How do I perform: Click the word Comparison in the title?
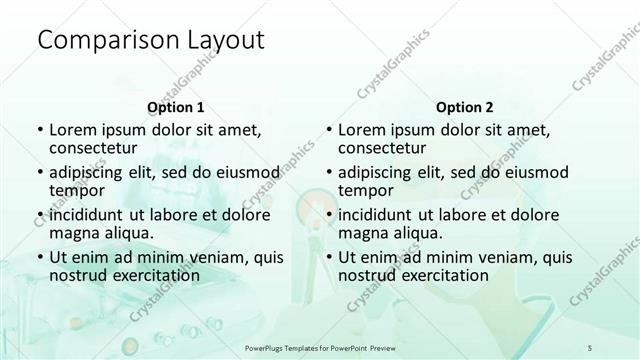click(98, 41)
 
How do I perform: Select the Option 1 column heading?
click(175, 107)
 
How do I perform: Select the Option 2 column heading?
click(465, 107)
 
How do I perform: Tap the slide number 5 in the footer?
click(590, 345)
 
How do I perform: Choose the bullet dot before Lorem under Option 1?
click(39, 130)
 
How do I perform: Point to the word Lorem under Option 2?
click(361, 129)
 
